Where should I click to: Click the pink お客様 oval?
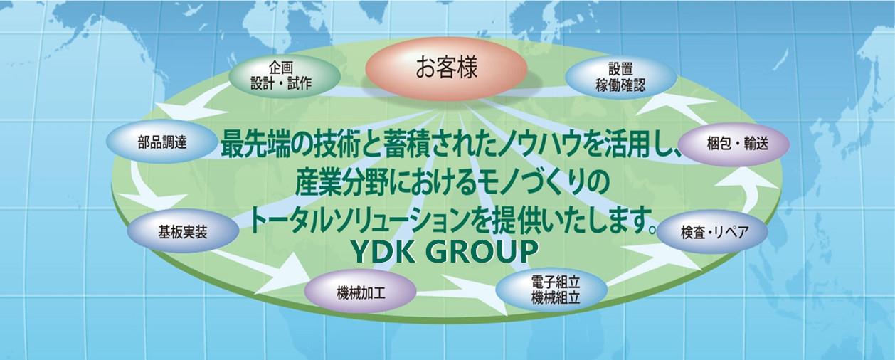coord(446,68)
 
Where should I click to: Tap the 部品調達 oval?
coord(162,142)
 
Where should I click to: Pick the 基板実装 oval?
coord(183,232)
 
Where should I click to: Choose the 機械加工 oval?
coord(361,294)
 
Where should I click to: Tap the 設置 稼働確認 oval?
coord(620,77)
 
